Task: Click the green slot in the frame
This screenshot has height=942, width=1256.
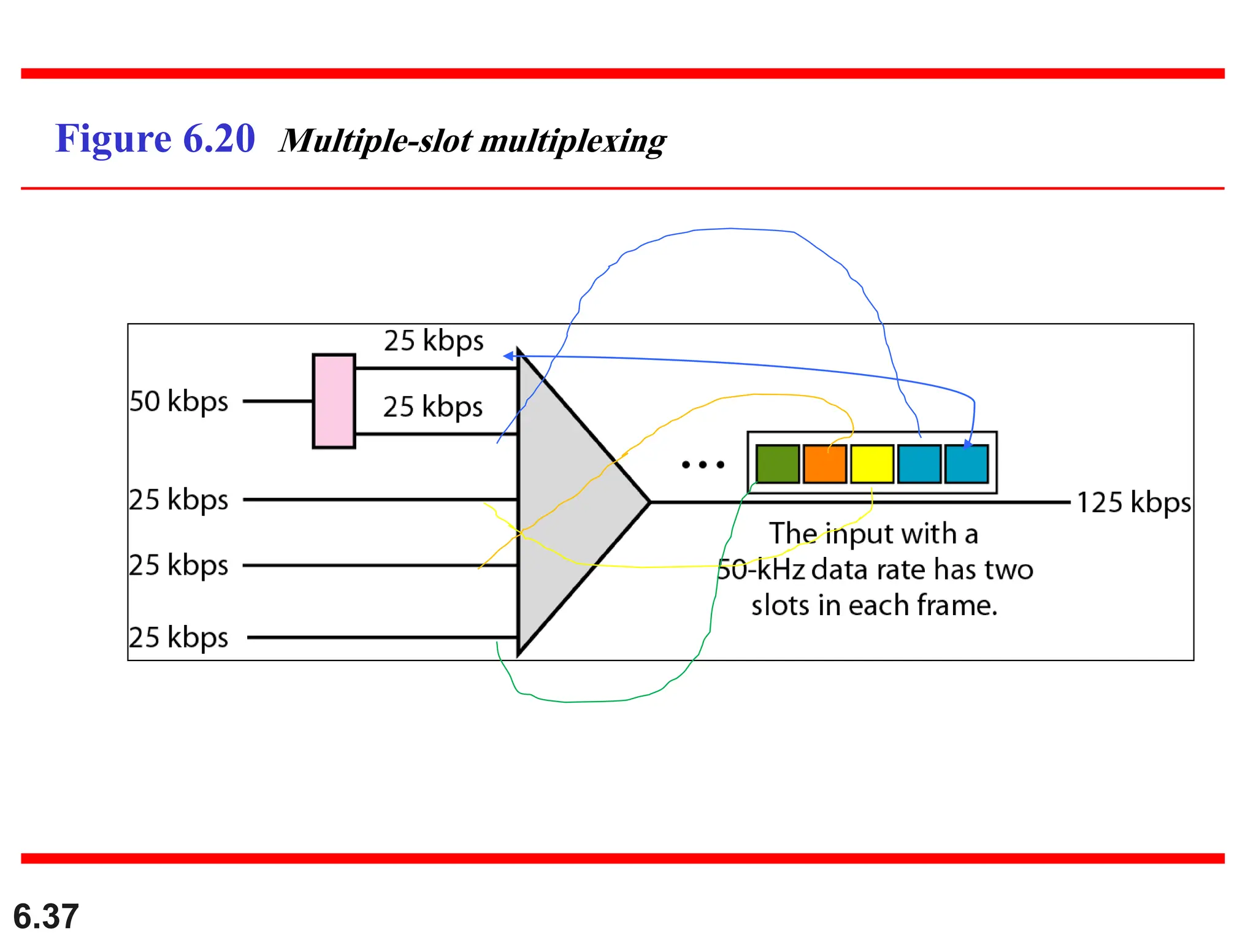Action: coord(777,464)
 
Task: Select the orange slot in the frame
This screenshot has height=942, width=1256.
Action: coord(824,464)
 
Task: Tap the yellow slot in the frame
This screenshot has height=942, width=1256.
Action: coord(871,464)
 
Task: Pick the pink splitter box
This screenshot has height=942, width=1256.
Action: coord(334,401)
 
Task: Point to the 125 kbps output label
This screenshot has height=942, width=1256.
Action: coord(1133,502)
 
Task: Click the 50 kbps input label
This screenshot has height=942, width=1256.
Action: coord(178,402)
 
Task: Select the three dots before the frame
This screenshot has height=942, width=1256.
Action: coord(703,465)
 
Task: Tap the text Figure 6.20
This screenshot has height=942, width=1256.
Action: coord(155,139)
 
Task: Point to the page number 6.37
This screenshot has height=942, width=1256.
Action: coord(46,916)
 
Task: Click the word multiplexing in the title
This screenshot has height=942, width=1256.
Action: coord(573,141)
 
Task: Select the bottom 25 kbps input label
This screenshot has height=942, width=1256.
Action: coord(178,638)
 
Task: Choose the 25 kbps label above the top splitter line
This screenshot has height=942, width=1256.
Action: coord(434,340)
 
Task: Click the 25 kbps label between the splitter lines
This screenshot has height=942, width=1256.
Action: coord(433,407)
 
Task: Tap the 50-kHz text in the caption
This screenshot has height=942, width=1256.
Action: coord(760,570)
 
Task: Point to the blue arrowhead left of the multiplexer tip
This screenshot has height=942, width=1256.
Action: coord(508,356)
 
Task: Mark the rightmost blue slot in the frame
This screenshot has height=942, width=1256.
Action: coord(967,464)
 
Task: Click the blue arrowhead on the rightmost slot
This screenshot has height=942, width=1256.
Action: coord(968,444)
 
